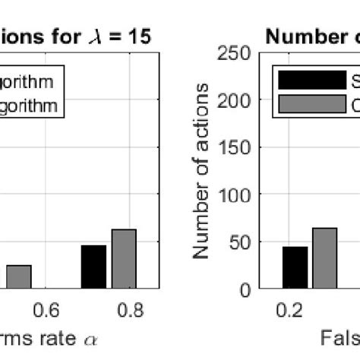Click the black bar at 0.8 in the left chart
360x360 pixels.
(93, 267)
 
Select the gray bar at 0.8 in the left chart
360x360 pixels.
(123, 259)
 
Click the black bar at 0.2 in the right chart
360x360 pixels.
(295, 268)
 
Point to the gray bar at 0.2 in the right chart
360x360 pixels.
(324, 259)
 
